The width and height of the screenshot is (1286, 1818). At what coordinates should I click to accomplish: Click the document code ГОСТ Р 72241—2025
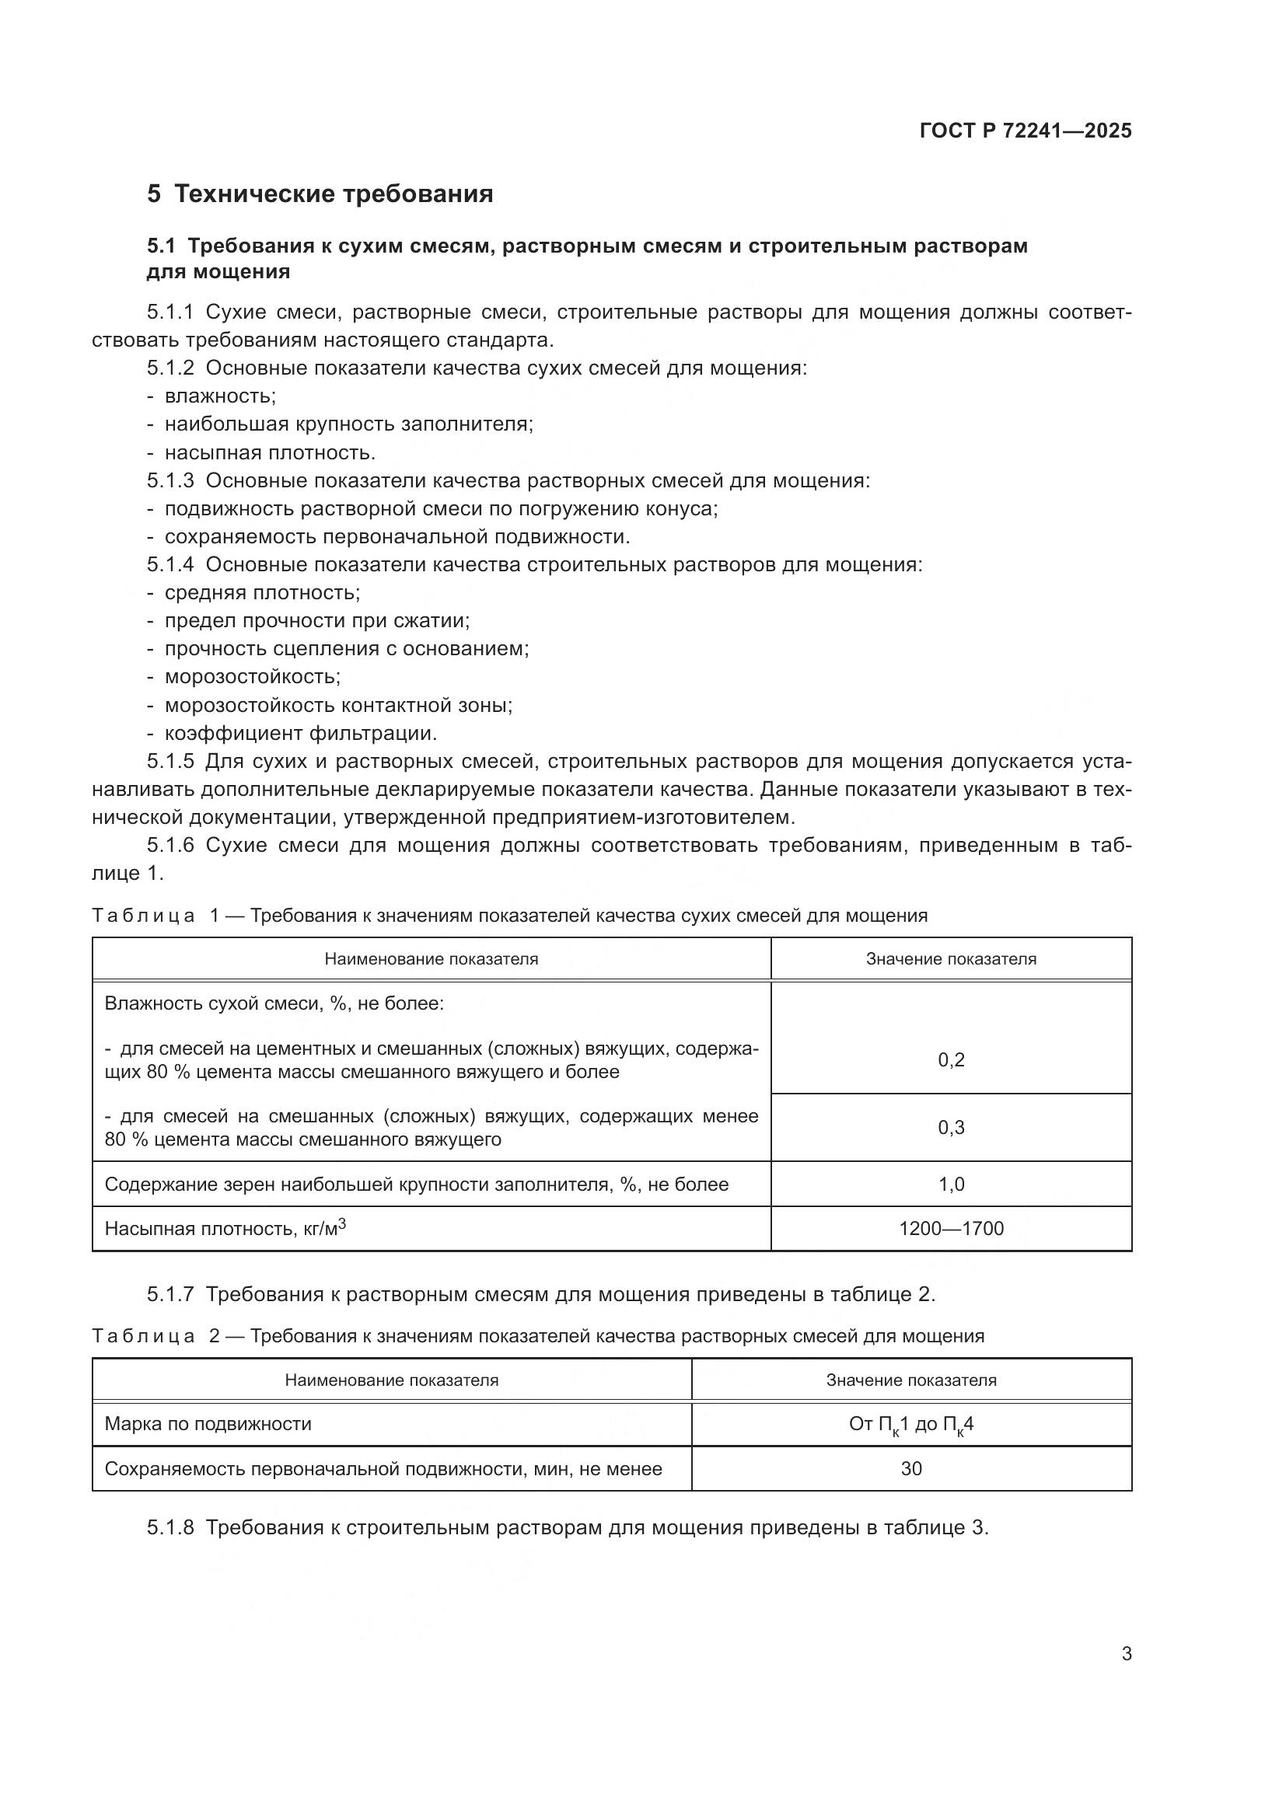[x=1026, y=131]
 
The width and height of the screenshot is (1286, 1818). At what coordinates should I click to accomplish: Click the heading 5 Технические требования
[x=320, y=194]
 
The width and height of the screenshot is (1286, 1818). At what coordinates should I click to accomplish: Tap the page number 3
[x=1126, y=1654]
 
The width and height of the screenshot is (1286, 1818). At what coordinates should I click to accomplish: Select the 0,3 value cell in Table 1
[x=951, y=1128]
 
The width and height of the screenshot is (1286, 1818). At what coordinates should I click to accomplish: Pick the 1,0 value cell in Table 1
[x=951, y=1185]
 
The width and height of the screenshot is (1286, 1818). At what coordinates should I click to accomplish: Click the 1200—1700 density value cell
[x=951, y=1229]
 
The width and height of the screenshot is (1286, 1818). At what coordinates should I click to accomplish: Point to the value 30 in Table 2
[x=910, y=1469]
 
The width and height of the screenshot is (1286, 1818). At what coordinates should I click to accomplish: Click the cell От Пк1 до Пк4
[x=910, y=1425]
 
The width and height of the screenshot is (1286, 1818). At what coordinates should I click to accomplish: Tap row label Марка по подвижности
[x=208, y=1424]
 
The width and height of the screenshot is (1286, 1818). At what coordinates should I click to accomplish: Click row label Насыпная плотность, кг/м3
[x=225, y=1229]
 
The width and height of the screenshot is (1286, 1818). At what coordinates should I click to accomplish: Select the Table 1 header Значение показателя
[x=951, y=959]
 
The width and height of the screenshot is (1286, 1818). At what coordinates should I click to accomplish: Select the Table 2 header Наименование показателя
[x=391, y=1380]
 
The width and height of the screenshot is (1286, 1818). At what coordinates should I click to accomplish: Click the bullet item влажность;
[x=219, y=396]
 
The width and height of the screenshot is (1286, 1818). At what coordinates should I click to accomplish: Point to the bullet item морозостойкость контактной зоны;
[x=338, y=705]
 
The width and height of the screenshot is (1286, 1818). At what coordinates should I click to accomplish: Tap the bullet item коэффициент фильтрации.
[x=300, y=733]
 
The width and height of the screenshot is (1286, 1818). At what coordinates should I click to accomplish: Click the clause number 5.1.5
[x=170, y=762]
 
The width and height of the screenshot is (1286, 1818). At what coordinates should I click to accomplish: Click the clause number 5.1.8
[x=170, y=1527]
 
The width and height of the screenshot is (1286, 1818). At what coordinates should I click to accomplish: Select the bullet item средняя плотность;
[x=262, y=592]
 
